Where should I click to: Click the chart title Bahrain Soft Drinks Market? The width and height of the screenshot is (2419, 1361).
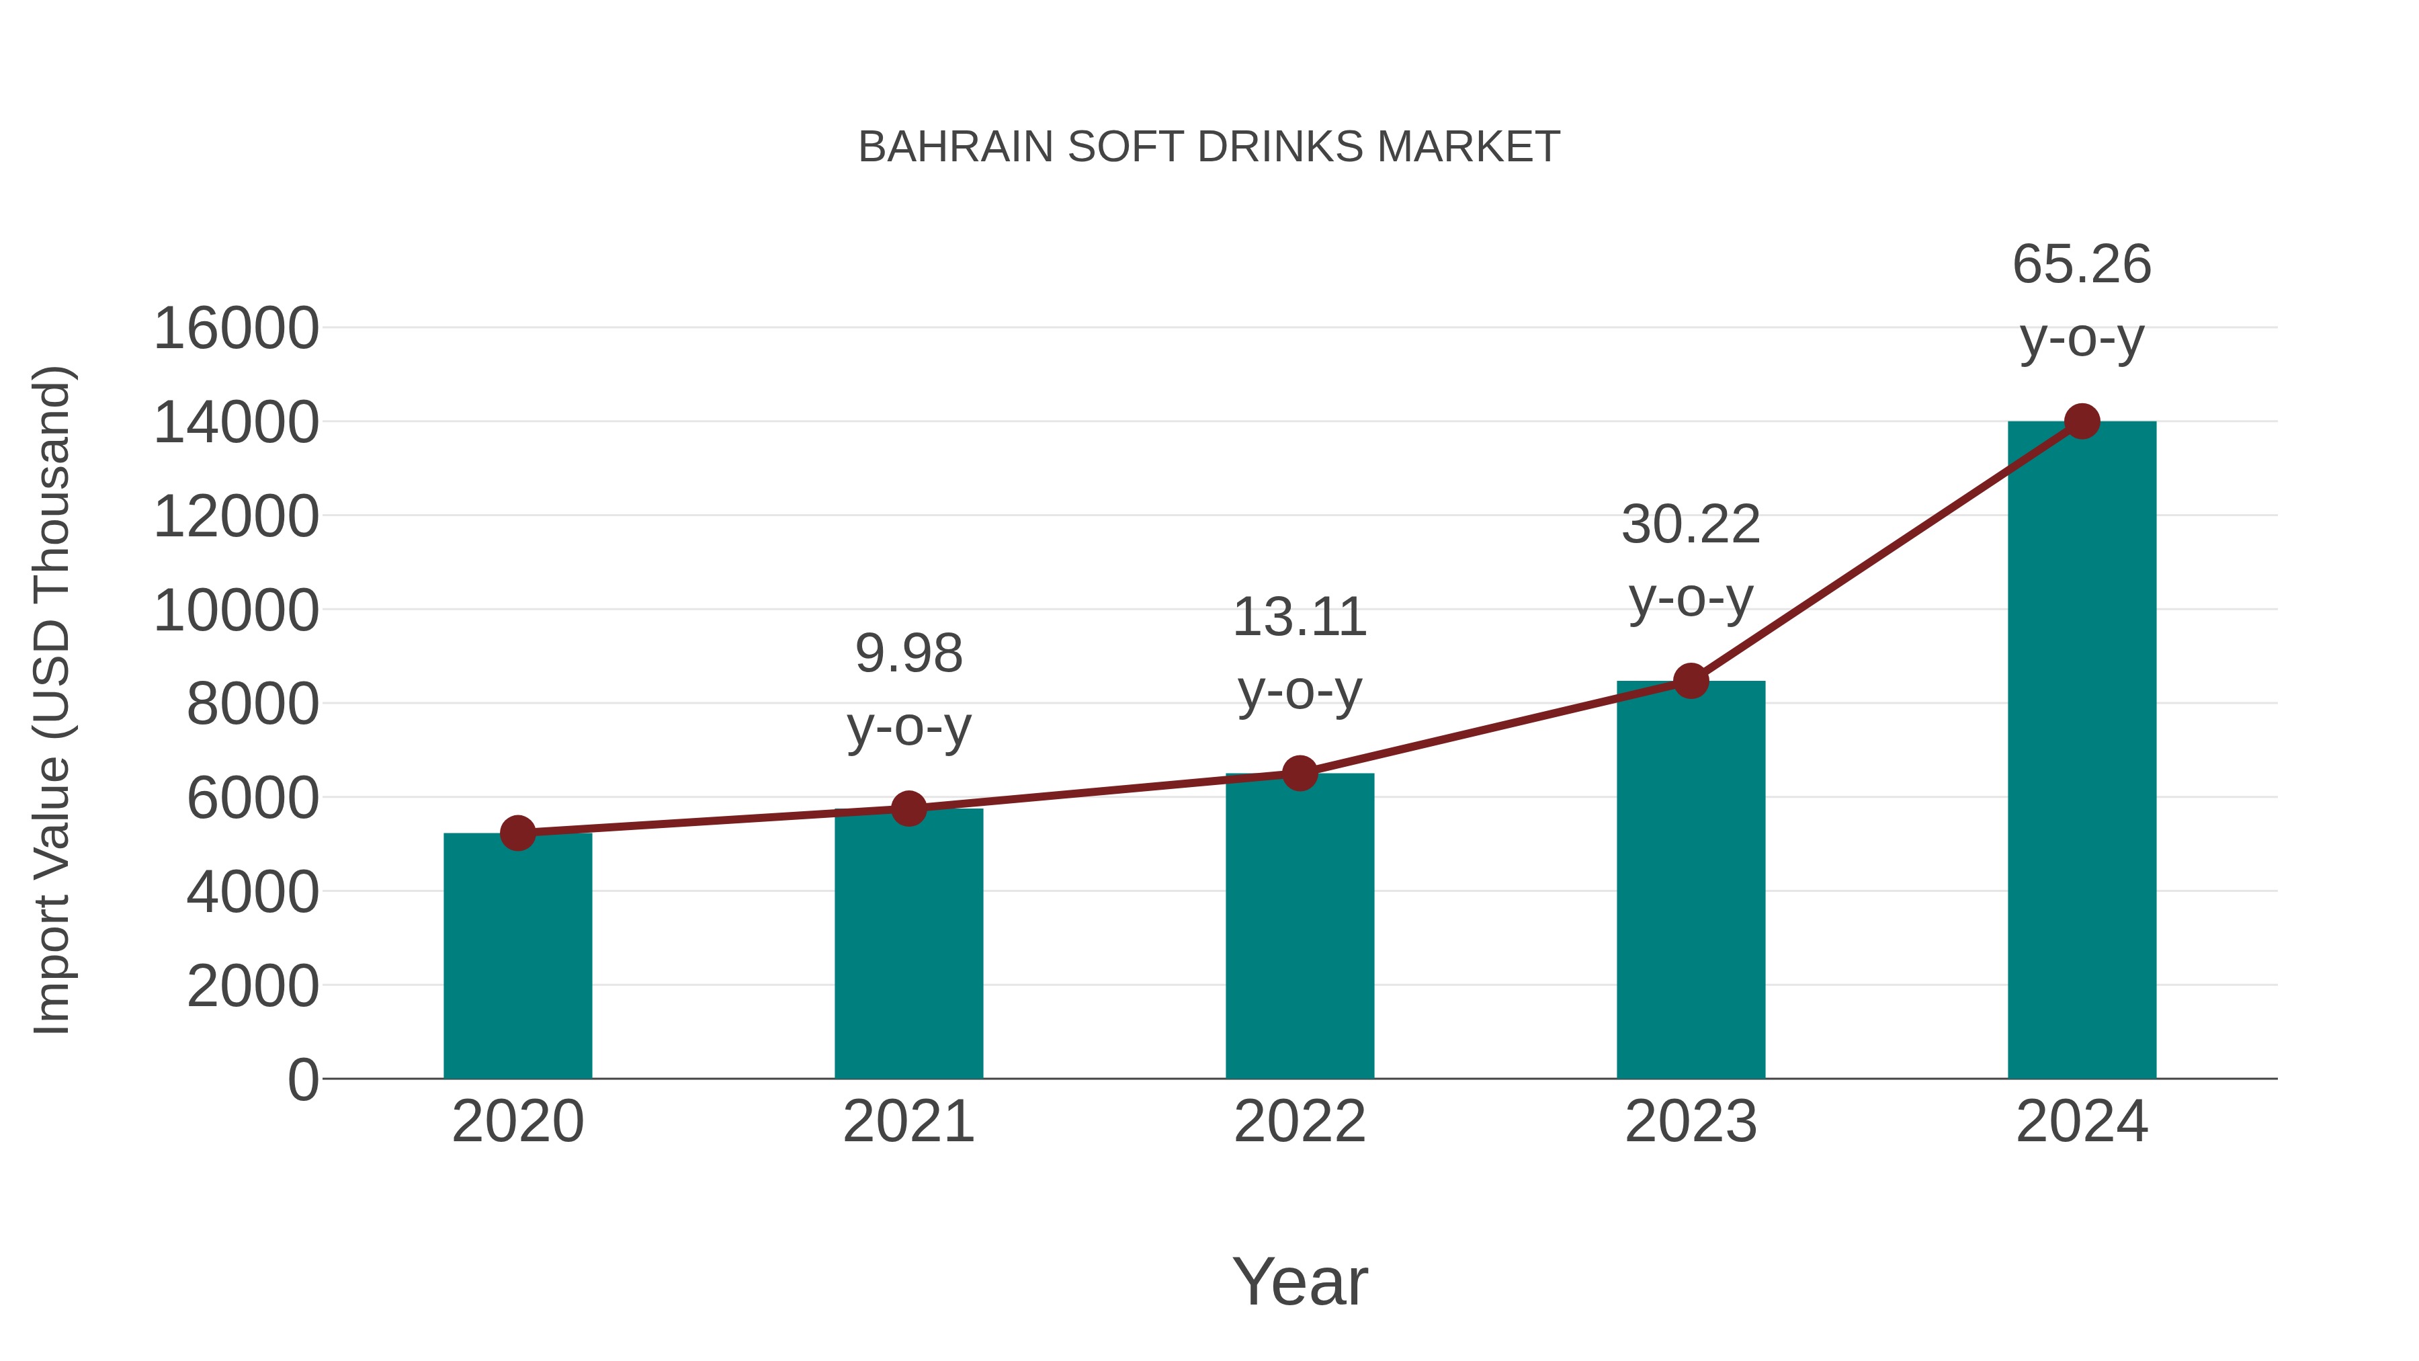click(1209, 147)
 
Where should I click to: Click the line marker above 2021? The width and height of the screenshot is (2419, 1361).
click(908, 808)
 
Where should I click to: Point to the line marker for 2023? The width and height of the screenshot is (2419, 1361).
click(1691, 681)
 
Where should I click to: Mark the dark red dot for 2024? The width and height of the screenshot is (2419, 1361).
click(2082, 421)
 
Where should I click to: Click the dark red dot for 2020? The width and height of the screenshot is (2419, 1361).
click(517, 833)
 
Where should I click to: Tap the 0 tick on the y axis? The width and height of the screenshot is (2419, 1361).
click(302, 1079)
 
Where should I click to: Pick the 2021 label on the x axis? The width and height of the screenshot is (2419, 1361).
click(908, 1122)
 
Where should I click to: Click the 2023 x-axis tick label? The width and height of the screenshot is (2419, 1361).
click(1691, 1122)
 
